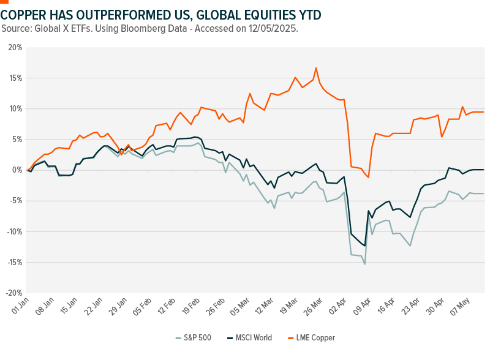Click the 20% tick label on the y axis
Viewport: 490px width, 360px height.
tap(15, 47)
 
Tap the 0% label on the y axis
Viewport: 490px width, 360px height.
tap(17, 170)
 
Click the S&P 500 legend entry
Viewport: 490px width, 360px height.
tap(194, 337)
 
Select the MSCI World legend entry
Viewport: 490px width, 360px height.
tap(249, 337)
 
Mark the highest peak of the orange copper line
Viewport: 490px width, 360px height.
tap(316, 68)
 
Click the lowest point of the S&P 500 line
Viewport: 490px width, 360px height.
tap(365, 264)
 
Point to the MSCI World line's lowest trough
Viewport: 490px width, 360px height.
tap(365, 246)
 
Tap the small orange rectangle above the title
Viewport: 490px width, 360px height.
tap(4, 2)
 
